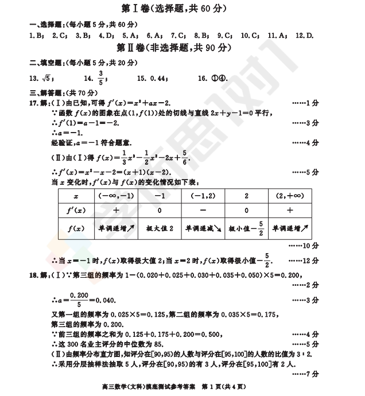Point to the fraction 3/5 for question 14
[101, 79]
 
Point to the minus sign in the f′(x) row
[203, 210]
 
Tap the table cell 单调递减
[203, 228]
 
